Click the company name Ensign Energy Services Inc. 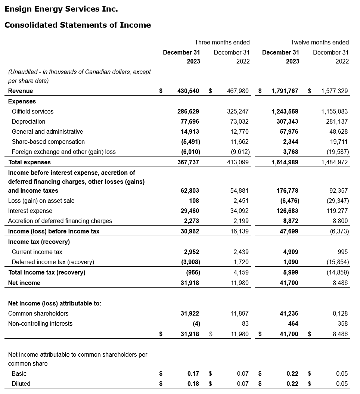[x=61, y=9]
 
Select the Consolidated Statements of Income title [x=78, y=25]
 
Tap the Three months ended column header [x=222, y=42]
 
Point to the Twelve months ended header [x=320, y=42]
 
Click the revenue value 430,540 [x=188, y=91]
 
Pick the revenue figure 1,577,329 [x=334, y=91]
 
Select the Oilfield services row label [x=32, y=111]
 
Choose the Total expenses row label [x=30, y=162]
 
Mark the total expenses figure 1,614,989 [x=285, y=162]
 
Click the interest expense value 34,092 [x=238, y=211]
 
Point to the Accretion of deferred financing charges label [x=60, y=221]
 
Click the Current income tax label [x=37, y=252]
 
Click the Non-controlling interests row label [x=40, y=323]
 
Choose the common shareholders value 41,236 [x=289, y=313]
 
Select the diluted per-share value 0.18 [x=193, y=384]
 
